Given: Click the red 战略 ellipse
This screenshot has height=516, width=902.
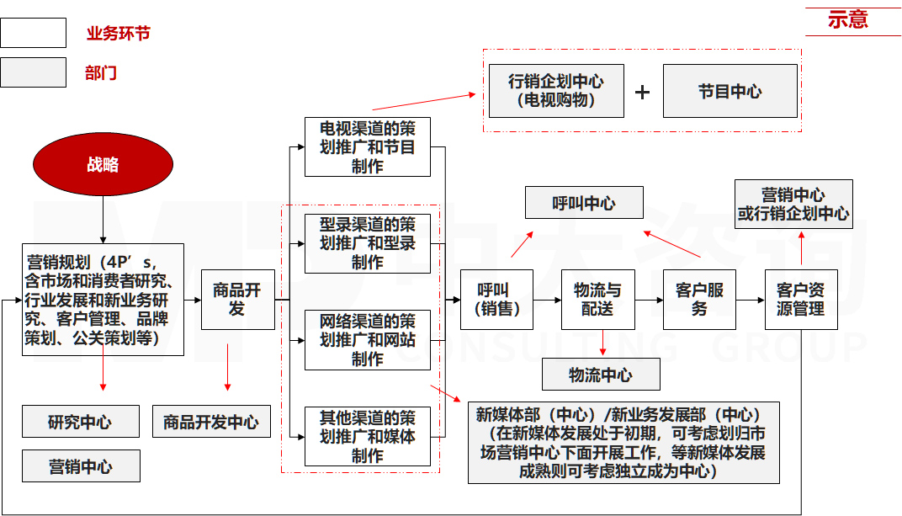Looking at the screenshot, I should coord(103,165).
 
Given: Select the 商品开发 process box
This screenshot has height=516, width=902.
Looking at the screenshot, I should coord(237,300).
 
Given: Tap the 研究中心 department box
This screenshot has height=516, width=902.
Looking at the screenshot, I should coord(81,422).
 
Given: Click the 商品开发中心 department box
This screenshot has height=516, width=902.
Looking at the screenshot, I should coord(211,422).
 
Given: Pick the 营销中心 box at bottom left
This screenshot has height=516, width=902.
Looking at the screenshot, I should coord(81,466).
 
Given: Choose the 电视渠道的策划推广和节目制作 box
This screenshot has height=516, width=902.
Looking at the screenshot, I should coord(367,147).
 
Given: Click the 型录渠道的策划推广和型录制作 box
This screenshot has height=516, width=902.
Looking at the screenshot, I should coord(367,243).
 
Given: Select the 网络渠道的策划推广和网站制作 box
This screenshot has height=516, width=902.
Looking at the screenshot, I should coord(367,340).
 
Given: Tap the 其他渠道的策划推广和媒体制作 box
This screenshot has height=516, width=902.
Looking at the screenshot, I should coord(367,437).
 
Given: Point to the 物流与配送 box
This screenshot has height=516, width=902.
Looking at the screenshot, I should coord(597,300).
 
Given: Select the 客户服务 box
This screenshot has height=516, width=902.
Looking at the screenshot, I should coord(699,300).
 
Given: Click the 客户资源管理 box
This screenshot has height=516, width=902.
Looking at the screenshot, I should coord(800,300).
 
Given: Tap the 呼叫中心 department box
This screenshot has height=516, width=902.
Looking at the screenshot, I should coord(584,203).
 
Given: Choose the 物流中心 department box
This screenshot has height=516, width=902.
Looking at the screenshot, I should coord(601,375).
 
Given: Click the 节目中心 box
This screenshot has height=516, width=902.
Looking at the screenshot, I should coord(730,91).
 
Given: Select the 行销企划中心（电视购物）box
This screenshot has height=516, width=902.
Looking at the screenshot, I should coord(556,91).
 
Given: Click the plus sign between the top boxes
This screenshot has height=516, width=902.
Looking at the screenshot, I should coord(643,92).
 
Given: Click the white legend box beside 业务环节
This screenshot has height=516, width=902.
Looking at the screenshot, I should coord(33,33).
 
